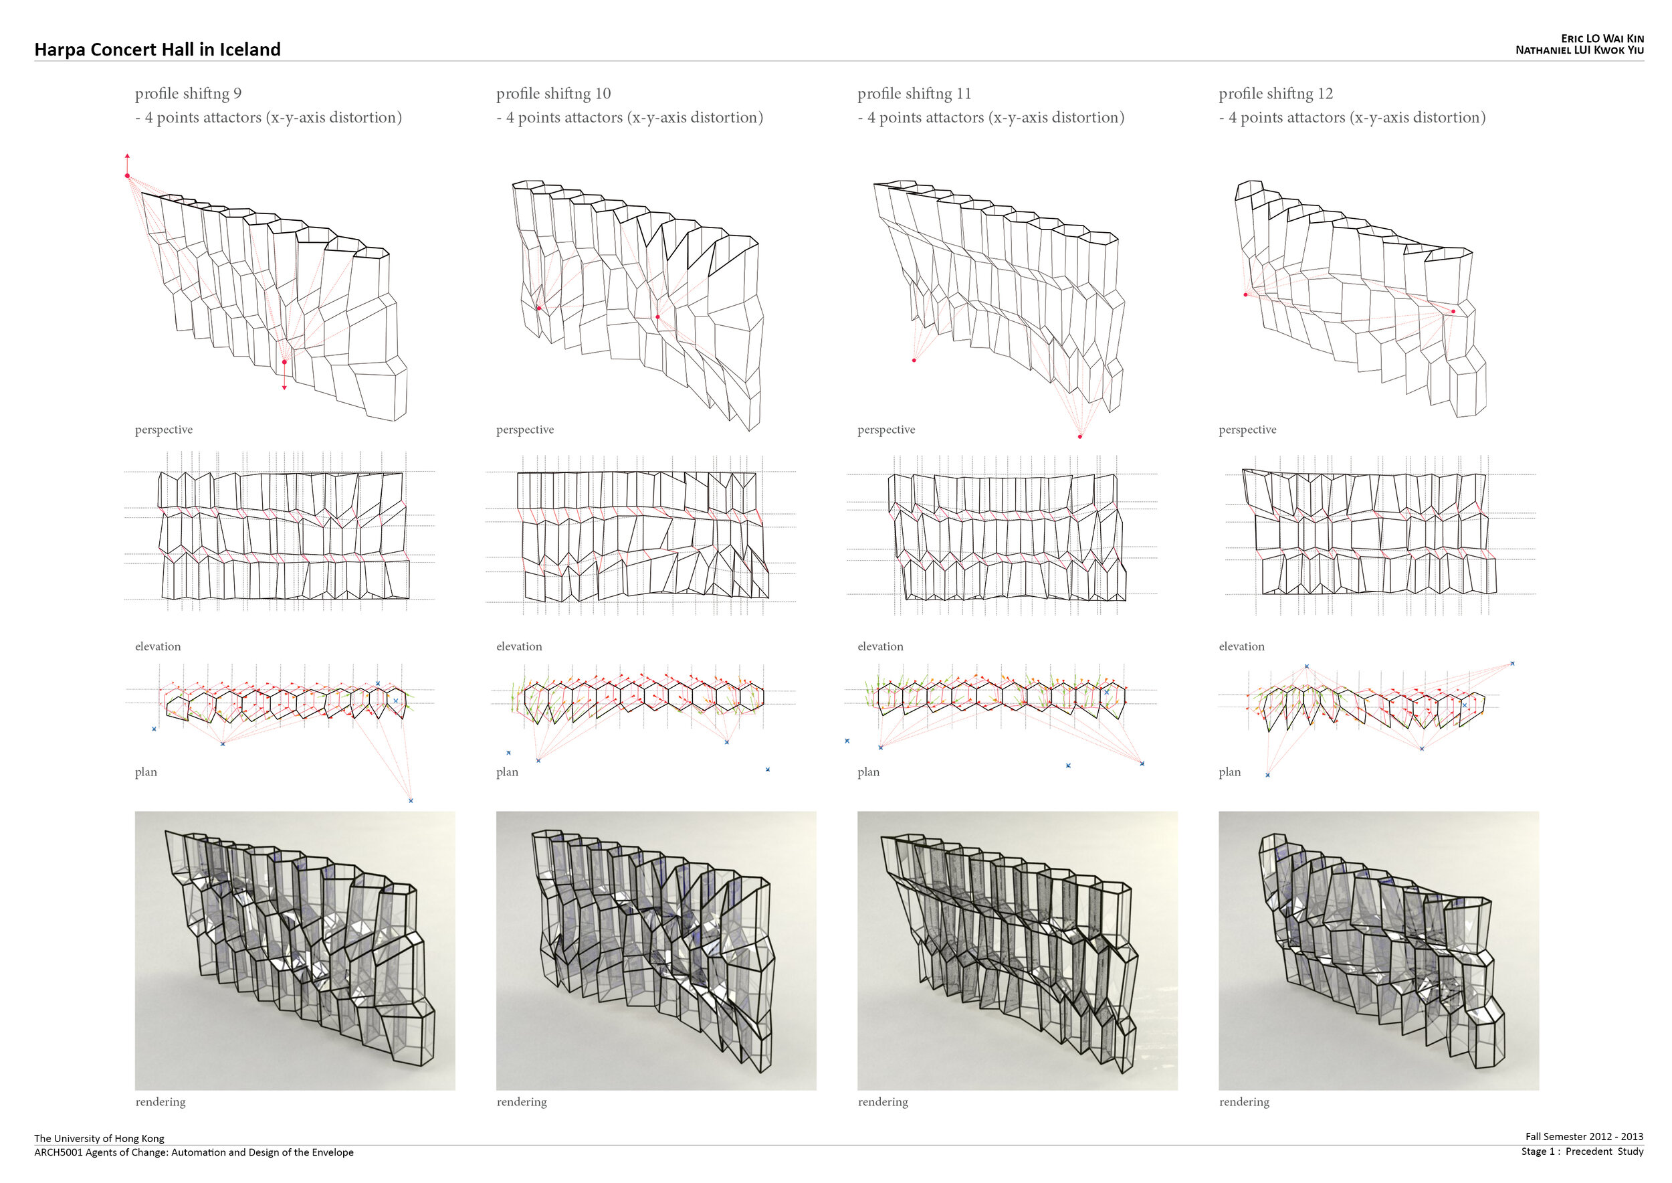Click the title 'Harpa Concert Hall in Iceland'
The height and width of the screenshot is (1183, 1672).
point(157,50)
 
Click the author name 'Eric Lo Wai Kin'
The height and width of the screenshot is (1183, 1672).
point(1602,39)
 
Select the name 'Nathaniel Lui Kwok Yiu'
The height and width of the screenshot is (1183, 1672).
point(1579,50)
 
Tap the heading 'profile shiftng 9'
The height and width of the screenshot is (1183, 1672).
point(188,93)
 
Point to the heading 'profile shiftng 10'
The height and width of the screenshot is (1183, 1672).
point(554,93)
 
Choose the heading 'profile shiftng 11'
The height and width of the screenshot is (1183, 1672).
point(914,93)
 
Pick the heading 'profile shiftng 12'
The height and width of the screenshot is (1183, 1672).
point(1276,93)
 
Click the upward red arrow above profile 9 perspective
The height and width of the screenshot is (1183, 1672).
point(128,162)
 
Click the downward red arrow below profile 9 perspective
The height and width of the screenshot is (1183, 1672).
point(284,380)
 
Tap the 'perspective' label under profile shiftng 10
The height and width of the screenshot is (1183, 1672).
point(525,430)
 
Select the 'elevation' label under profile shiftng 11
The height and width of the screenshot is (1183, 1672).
point(880,646)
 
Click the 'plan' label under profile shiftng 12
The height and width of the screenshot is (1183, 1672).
point(1229,772)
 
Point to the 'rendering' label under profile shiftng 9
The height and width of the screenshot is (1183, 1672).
point(161,1101)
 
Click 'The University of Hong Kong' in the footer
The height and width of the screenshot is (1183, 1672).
point(99,1138)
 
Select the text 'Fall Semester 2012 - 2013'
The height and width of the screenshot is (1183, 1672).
point(1584,1136)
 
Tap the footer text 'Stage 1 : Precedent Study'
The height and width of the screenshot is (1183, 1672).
point(1582,1152)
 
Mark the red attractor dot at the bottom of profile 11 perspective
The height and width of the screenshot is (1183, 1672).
point(1080,436)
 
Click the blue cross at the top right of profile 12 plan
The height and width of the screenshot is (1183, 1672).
point(1513,664)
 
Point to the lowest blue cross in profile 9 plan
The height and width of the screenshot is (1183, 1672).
point(411,800)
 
